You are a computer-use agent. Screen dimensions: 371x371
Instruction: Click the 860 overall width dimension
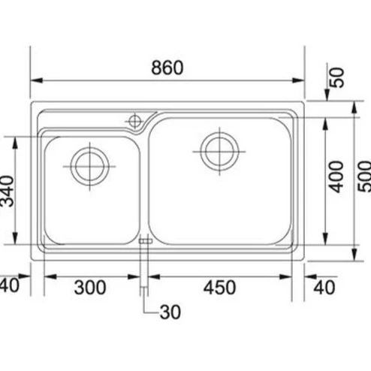pyautogui.click(x=167, y=68)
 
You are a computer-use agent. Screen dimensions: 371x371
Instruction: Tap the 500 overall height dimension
pyautogui.click(x=364, y=176)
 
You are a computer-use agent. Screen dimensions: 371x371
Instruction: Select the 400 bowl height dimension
pyautogui.click(x=336, y=176)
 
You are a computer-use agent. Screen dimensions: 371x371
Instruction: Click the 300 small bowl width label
pyautogui.click(x=90, y=288)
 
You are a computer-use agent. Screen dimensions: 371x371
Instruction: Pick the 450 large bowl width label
pyautogui.click(x=219, y=288)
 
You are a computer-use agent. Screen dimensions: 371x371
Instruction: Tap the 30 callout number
pyautogui.click(x=170, y=312)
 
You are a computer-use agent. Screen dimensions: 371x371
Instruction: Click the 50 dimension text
pyautogui.click(x=337, y=77)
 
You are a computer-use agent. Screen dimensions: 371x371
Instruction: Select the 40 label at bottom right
pyautogui.click(x=324, y=288)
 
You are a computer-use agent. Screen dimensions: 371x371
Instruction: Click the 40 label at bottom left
pyautogui.click(x=10, y=285)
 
